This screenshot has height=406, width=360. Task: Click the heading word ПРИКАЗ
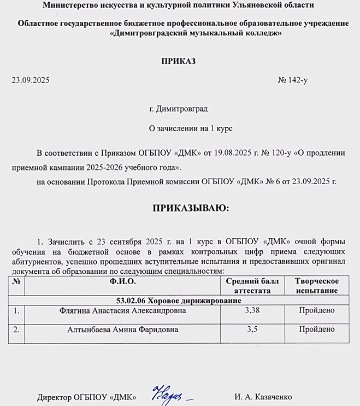pos(178,61)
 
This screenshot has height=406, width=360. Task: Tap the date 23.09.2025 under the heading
pos(31,80)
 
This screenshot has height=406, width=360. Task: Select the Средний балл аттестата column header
pos(252,286)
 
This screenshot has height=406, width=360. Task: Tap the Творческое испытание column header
pos(316,286)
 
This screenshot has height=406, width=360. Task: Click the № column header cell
pos(16,281)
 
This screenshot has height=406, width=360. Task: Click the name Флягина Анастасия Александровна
pos(122,311)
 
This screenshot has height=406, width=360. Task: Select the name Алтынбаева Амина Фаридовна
pos(122,329)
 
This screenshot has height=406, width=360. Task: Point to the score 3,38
pos(252,311)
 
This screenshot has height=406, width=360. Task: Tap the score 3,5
pos(252,329)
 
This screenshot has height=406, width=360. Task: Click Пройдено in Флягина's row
pos(316,311)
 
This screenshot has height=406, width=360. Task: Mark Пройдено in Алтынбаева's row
pos(316,329)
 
